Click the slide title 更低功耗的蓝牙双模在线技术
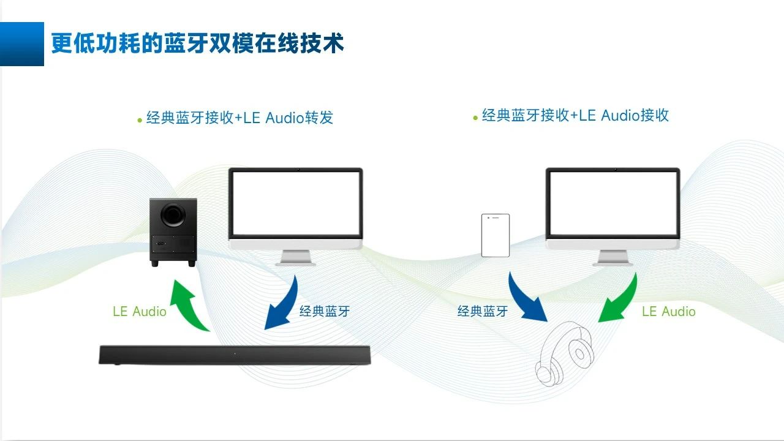pos(197,43)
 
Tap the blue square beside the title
pos(22,43)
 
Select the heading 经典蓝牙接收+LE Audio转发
pos(239,118)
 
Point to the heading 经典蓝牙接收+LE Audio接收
pos(575,115)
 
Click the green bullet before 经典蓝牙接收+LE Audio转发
pos(140,120)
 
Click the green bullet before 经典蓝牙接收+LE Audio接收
pos(475,117)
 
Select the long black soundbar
pos(235,355)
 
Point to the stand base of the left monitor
pos(296,263)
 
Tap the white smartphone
pos(496,235)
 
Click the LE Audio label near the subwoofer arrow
pos(140,311)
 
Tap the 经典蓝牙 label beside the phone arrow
pos(483,311)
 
